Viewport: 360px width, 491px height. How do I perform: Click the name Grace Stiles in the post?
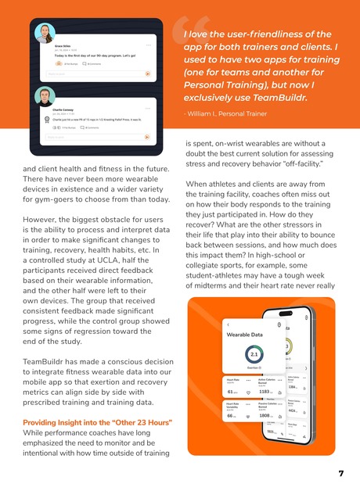[54, 48]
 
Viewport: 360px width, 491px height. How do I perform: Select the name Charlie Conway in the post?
[56, 109]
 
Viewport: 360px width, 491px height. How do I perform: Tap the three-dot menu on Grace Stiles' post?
[148, 45]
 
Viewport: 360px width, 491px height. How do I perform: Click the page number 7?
[341, 474]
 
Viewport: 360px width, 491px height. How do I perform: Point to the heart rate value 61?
[230, 392]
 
